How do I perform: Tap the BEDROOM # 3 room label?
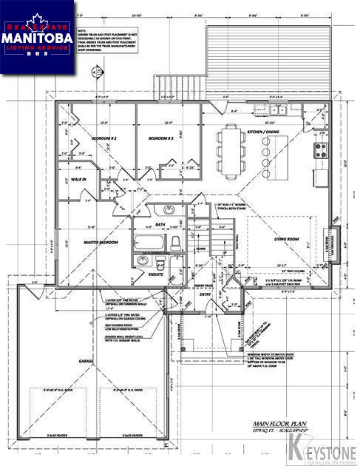160,139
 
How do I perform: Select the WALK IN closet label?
79,179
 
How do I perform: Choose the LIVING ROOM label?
287,239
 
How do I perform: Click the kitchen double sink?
278,111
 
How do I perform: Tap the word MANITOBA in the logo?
37,36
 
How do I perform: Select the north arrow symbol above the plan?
93,72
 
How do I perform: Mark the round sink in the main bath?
169,209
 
